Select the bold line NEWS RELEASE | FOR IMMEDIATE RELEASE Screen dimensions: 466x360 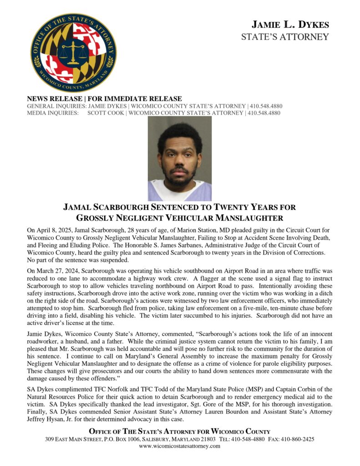point(104,99)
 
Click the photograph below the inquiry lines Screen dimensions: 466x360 point(180,158)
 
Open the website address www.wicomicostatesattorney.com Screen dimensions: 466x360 point(180,446)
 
